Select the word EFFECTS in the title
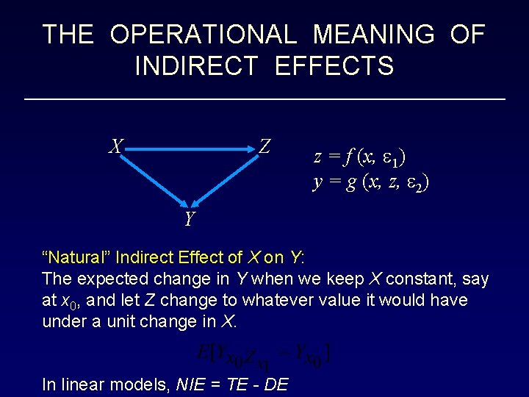point(334,66)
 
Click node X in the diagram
point(115,147)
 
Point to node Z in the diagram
point(264,147)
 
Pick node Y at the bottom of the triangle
point(190,219)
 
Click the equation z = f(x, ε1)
point(360,157)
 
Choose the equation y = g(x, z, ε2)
point(371,182)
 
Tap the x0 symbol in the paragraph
point(68,301)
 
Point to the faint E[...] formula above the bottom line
point(264,355)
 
